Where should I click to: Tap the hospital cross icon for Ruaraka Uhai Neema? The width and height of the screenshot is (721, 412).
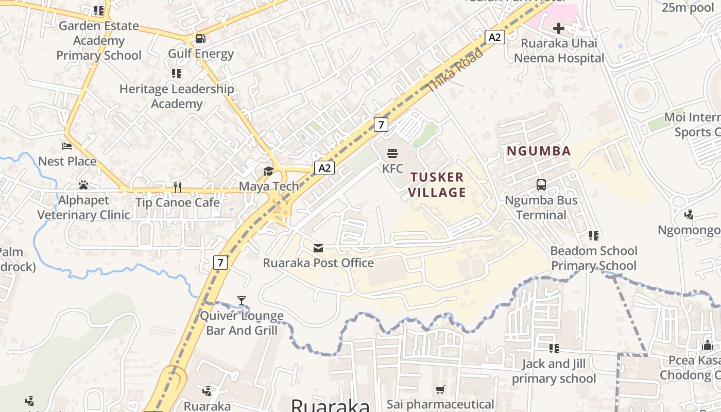[559, 28]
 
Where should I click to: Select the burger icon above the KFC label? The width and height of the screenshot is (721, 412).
[392, 153]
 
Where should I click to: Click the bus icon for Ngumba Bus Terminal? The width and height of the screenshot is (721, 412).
[541, 185]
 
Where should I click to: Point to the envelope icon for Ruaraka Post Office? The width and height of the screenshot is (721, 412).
[318, 248]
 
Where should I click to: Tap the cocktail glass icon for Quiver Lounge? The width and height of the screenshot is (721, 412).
[242, 301]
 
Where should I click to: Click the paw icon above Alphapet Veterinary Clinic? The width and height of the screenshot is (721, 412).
[83, 185]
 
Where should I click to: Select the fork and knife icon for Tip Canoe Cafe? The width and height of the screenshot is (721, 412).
[178, 187]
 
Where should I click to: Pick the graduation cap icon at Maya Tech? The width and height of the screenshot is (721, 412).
[268, 171]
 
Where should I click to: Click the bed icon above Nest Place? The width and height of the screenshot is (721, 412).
[67, 146]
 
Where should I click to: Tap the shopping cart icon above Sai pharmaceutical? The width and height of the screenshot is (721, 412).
[440, 390]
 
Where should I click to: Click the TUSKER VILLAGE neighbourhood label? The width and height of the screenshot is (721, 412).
[438, 185]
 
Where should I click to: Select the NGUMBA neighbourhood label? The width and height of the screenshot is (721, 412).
[539, 151]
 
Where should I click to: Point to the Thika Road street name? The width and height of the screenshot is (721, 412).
[455, 71]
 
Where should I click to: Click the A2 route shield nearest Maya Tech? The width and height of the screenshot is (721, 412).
[324, 168]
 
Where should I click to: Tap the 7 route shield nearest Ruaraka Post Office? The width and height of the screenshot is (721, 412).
[220, 263]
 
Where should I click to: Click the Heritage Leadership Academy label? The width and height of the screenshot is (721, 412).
[177, 96]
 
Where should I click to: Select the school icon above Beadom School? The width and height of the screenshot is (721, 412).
[594, 236]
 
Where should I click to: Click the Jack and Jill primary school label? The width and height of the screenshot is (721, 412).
[554, 371]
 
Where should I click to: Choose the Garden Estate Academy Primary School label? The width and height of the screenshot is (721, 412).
[99, 41]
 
